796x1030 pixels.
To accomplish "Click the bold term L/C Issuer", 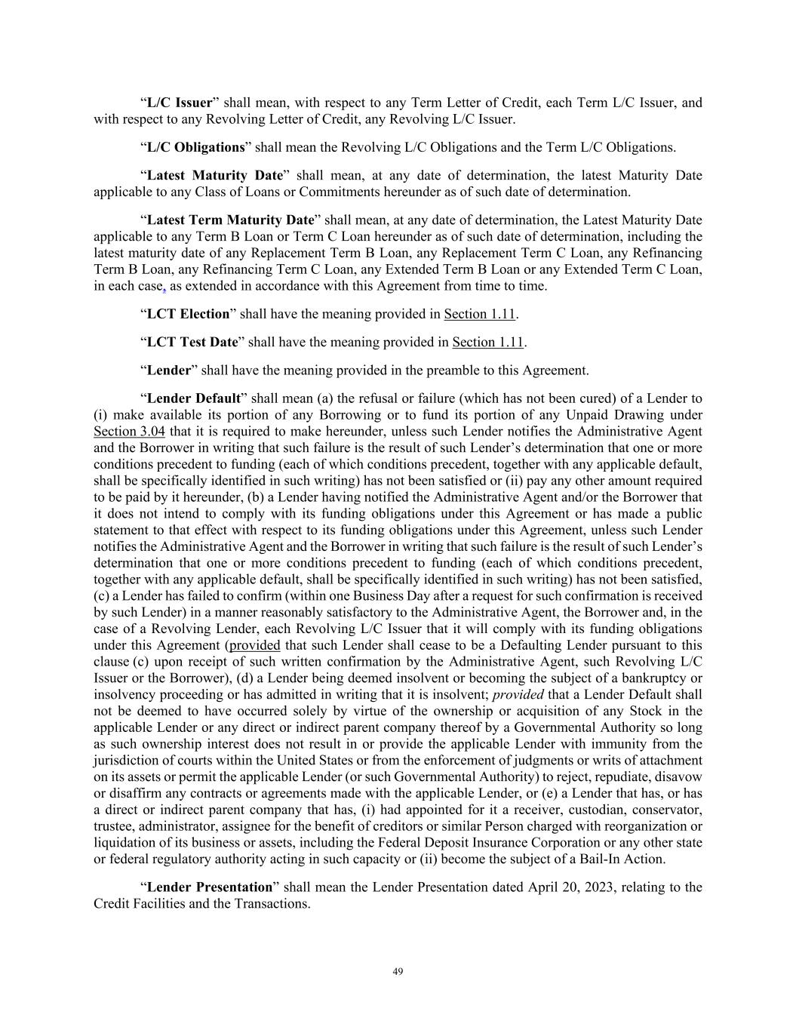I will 180,103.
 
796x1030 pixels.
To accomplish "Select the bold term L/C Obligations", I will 196,147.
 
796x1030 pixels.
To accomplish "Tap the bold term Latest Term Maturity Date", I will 230,220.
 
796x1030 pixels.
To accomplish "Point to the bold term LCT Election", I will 188,314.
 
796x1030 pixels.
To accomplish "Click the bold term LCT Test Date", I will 192,343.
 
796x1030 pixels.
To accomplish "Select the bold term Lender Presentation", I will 209,887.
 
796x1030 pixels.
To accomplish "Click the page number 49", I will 398,972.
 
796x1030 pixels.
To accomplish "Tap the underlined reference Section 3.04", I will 129,432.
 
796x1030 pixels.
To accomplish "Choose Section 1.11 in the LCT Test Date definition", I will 487,343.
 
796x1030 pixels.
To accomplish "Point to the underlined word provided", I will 255,646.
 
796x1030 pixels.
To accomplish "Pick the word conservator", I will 668,810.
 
